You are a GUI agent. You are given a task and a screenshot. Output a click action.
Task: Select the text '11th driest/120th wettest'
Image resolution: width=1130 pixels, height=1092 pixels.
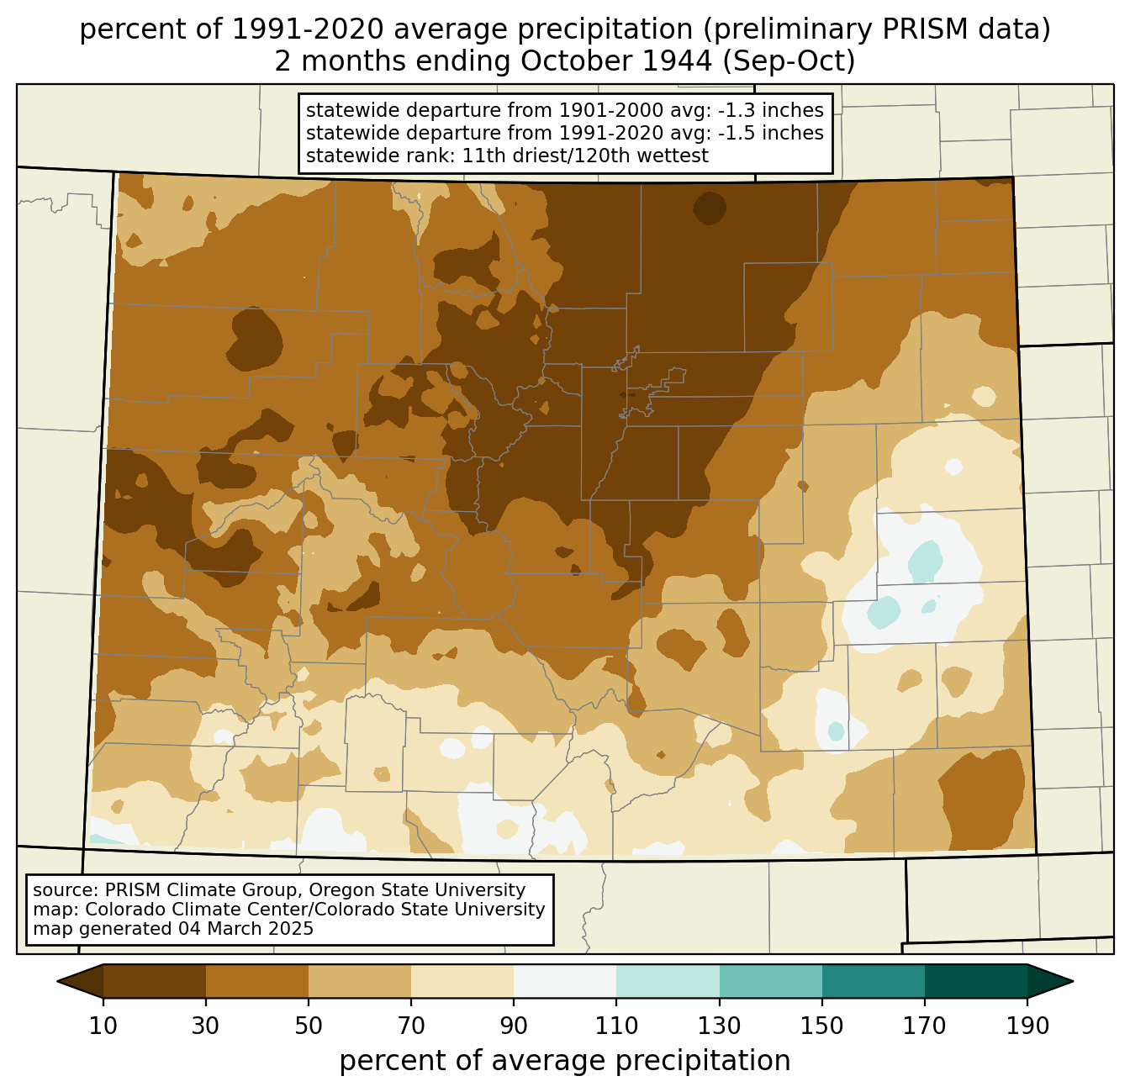(x=585, y=156)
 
